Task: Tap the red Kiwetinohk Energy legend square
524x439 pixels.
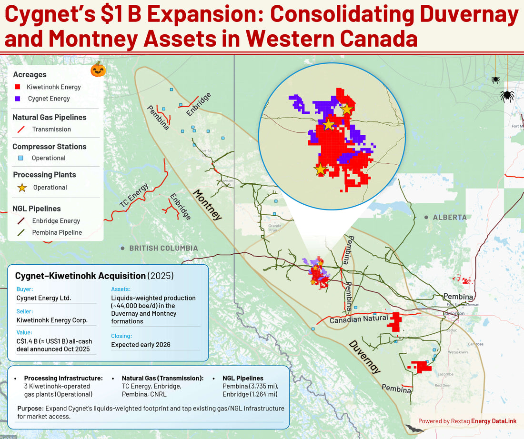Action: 18,87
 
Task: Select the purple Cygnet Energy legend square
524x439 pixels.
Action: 18,99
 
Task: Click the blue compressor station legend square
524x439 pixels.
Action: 20,158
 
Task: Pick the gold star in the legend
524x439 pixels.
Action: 21,187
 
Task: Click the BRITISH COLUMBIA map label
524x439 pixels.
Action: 163,248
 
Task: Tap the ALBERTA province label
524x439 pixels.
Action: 449,217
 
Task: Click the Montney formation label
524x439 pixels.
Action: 207,205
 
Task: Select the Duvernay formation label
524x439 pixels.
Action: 364,357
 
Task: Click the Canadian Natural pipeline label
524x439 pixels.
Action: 359,319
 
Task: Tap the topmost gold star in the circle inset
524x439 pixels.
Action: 346,109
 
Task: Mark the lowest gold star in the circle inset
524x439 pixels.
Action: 320,169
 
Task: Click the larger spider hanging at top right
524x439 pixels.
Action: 507,96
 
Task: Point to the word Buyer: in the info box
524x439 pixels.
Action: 24,289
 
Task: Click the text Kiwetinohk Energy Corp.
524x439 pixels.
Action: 52,320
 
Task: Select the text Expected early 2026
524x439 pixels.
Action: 141,345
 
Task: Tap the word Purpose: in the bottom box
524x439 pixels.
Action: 31,409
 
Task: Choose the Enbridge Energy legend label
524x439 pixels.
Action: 56,221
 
